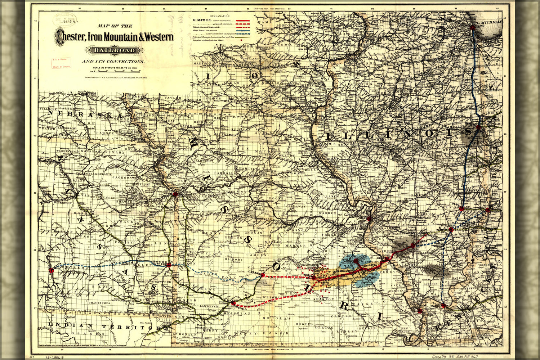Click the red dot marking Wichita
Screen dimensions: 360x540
coord(51,270)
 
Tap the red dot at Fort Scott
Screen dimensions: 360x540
coord(169,265)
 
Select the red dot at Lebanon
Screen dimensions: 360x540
coord(263,275)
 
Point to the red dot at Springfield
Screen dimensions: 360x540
coord(233,303)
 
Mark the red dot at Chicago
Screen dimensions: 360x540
coord(473,28)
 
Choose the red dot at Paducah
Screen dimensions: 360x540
coord(443,306)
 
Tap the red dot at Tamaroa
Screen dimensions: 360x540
coord(413,246)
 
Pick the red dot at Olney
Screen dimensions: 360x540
coord(461,209)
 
